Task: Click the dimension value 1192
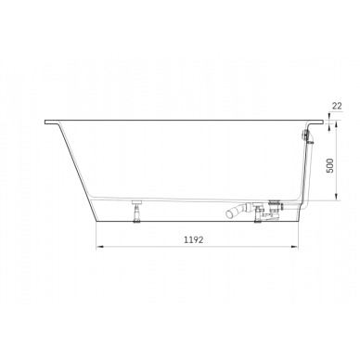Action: (x=192, y=238)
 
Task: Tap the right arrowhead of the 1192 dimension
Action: (x=296, y=247)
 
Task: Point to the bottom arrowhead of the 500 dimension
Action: (x=331, y=199)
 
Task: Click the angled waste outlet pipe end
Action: (x=226, y=215)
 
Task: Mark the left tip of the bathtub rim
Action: (x=46, y=122)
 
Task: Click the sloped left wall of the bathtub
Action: (x=74, y=167)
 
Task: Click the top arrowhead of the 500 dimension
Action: (x=331, y=128)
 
